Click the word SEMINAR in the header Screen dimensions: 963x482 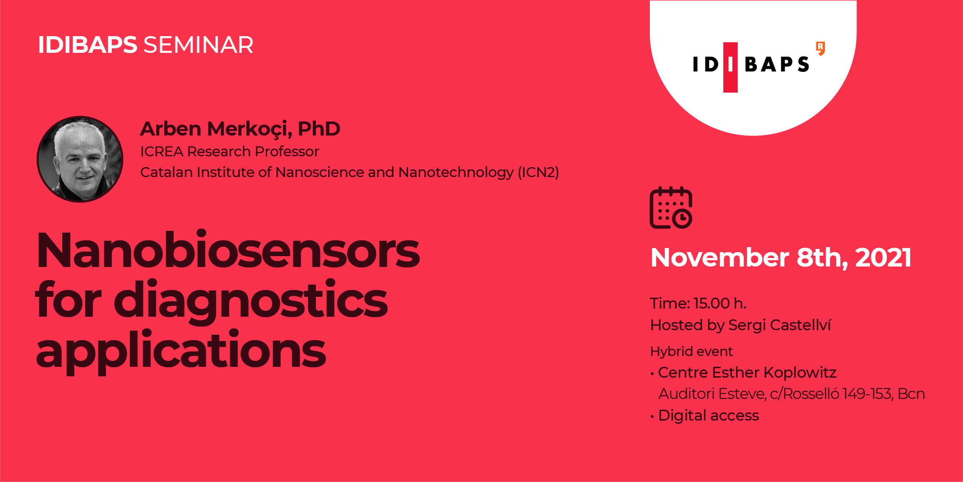click(199, 45)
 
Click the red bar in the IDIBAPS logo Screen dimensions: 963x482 click(730, 67)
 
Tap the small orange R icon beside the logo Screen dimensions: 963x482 click(820, 48)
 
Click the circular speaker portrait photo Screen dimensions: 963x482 click(80, 159)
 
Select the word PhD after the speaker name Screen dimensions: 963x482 click(319, 129)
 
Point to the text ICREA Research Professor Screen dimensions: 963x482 click(230, 151)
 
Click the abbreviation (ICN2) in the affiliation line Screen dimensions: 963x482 click(538, 172)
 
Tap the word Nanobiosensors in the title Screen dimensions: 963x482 click(228, 251)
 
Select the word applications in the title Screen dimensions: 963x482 click(181, 351)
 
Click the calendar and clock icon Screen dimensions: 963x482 click(671, 208)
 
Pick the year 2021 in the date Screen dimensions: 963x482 click(883, 257)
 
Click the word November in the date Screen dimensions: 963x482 click(720, 257)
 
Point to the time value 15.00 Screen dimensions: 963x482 click(712, 303)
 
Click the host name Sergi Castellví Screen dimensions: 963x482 click(779, 325)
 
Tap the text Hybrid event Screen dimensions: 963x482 click(691, 351)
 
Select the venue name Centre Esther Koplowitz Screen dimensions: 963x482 click(747, 372)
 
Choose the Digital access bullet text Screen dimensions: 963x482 click(708, 416)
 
